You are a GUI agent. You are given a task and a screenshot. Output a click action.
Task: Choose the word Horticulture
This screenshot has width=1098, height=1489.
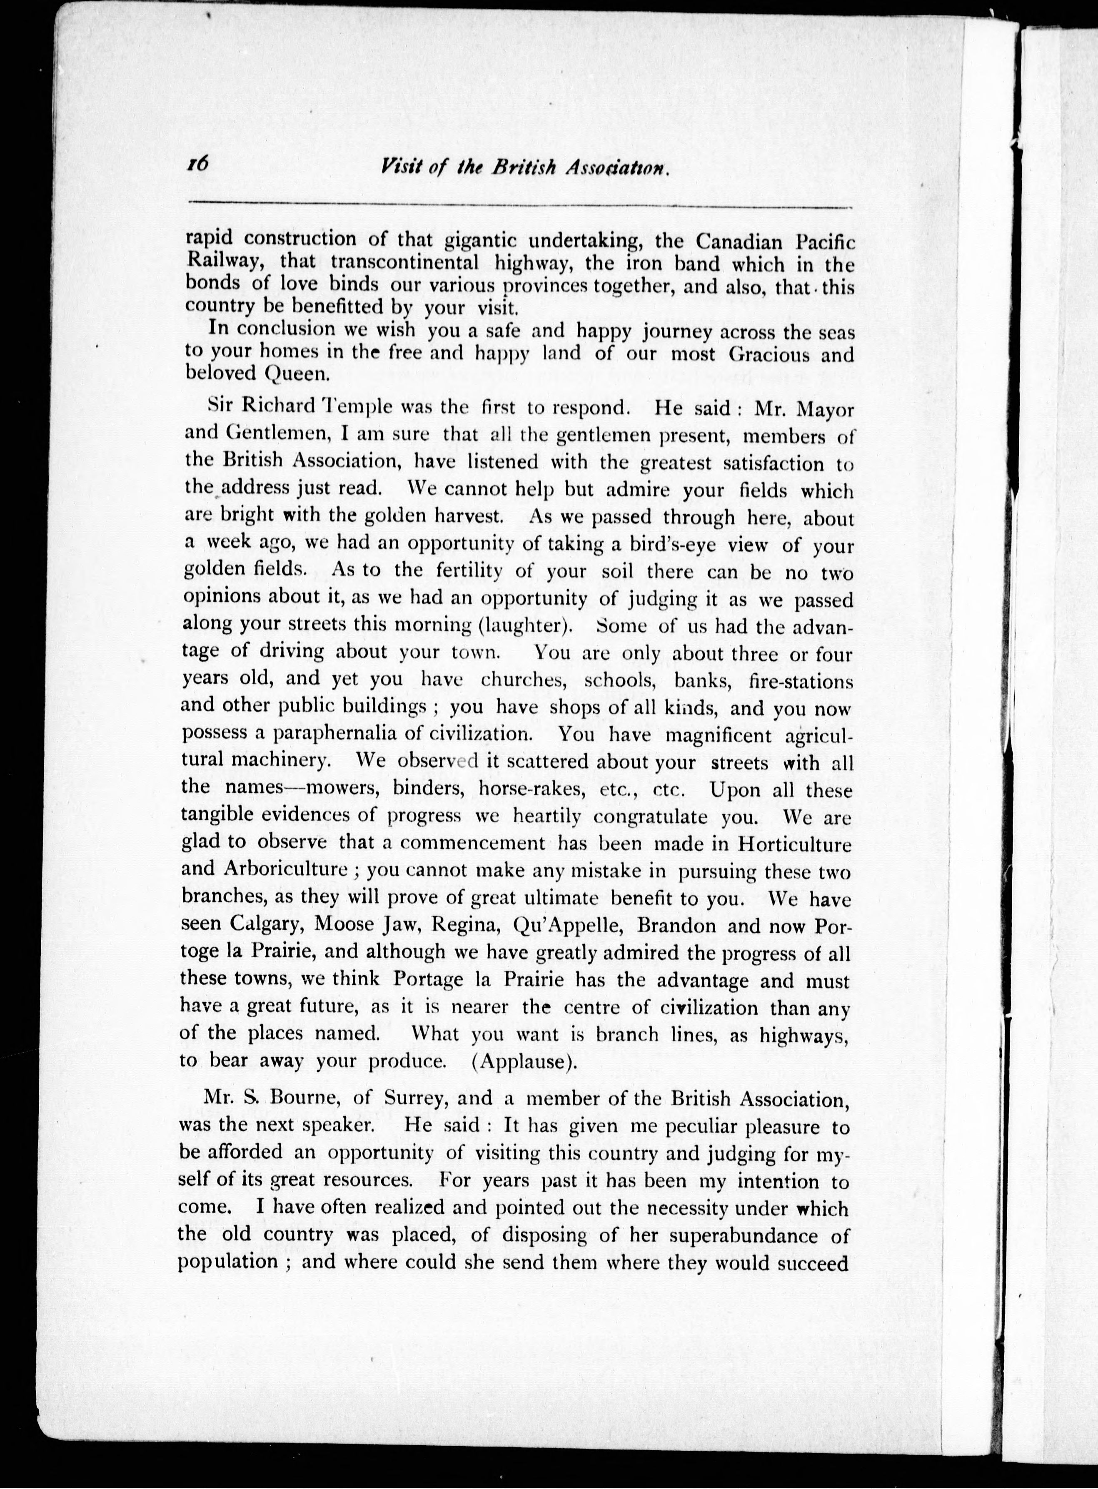pyautogui.click(x=794, y=844)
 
